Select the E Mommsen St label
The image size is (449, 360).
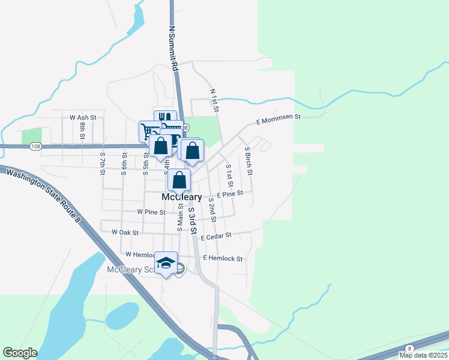[278, 119]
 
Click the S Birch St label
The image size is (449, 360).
[248, 160]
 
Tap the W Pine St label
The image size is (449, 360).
[151, 212]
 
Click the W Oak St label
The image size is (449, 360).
[125, 232]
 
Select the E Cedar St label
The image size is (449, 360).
[216, 237]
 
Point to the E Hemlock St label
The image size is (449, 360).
[223, 259]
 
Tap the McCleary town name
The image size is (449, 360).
[181, 197]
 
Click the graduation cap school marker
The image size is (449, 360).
[166, 263]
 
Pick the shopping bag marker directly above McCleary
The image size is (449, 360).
[179, 179]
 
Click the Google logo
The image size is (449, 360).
[20, 353]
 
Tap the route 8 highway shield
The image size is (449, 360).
[409, 348]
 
